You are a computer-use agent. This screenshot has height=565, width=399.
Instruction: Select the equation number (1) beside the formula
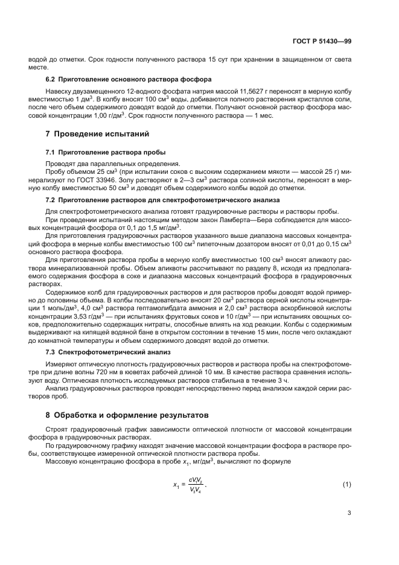(346, 468)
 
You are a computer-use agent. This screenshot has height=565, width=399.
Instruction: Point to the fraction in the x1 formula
(196, 468)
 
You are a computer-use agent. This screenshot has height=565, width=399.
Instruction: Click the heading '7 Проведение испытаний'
(98, 133)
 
